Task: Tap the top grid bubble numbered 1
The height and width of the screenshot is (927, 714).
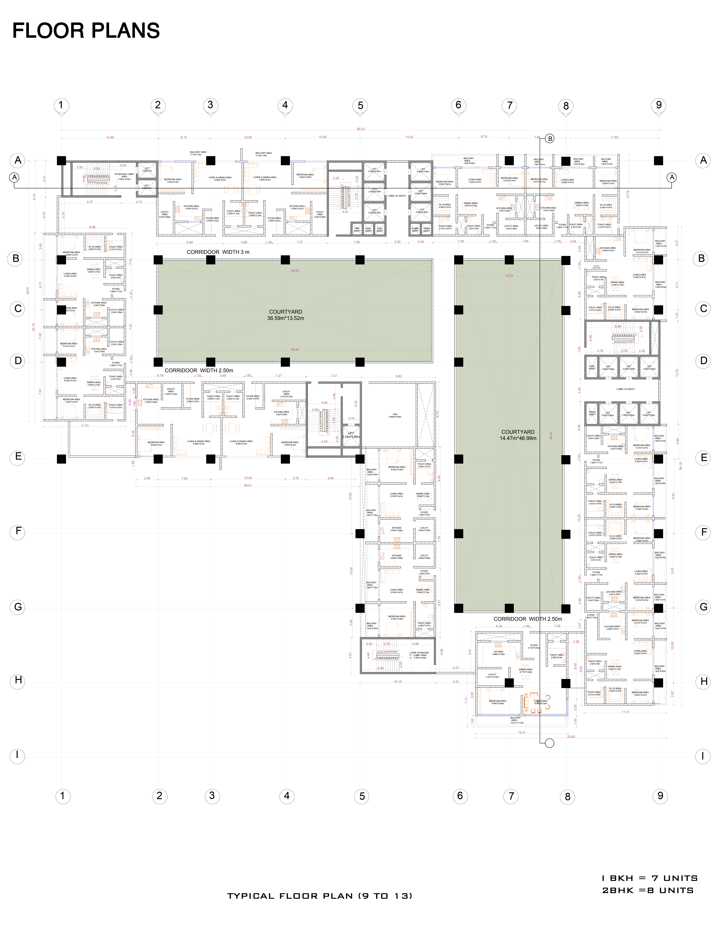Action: [61, 105]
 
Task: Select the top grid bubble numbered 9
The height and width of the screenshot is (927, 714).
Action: [658, 105]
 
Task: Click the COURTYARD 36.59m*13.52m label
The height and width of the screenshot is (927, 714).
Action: [286, 315]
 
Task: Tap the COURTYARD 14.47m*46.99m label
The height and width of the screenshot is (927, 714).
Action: [518, 435]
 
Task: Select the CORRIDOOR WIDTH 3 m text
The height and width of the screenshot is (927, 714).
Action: [218, 252]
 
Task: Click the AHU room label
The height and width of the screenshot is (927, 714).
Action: [395, 416]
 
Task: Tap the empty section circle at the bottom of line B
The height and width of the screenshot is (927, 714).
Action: [549, 743]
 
